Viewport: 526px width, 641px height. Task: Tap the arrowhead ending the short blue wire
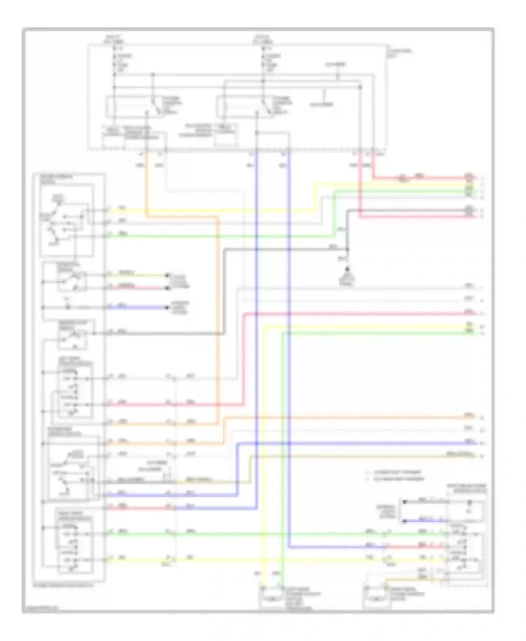coord(167,308)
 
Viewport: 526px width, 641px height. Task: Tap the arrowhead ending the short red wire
coord(167,288)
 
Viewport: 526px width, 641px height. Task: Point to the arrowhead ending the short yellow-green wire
coord(167,275)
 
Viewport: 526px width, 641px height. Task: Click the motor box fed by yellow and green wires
coord(272,599)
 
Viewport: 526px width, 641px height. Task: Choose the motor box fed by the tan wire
coord(376,599)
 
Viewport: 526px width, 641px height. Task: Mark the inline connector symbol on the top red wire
coord(403,178)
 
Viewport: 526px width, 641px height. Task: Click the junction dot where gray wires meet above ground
coord(347,249)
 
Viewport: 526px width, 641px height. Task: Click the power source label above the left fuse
coord(114,39)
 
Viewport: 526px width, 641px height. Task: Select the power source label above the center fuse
coord(263,39)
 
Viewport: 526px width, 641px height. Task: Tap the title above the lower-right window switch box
coord(467,488)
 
